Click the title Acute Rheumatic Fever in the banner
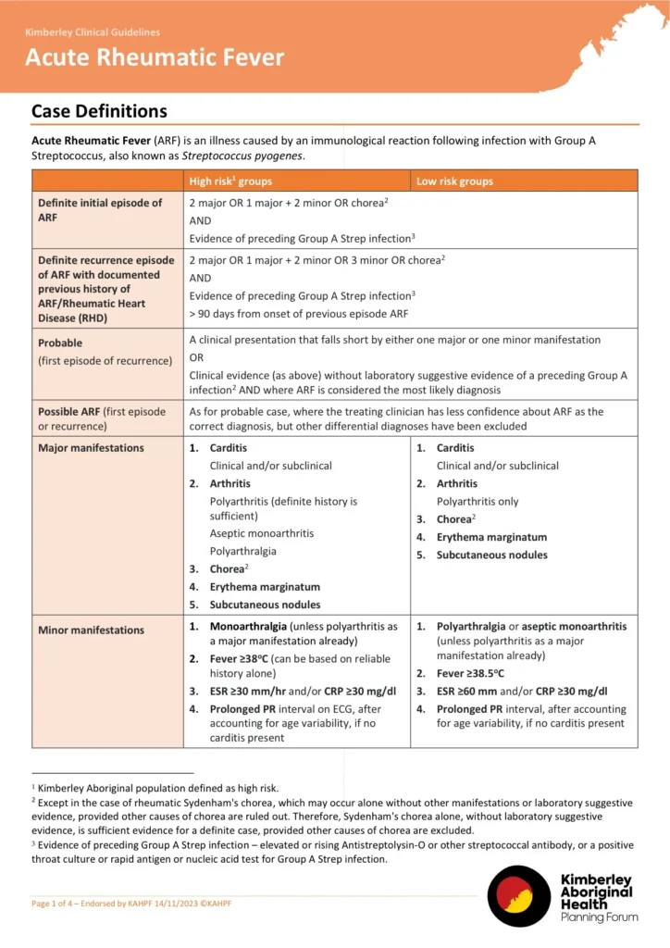pyautogui.click(x=155, y=57)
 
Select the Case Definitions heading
pyautogui.click(x=99, y=111)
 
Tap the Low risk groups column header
pyautogui.click(x=454, y=181)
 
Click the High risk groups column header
pyautogui.click(x=230, y=181)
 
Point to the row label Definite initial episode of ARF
pyautogui.click(x=100, y=210)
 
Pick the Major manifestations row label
pyautogui.click(x=91, y=448)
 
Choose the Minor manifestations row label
pyautogui.click(x=91, y=630)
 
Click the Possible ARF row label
pyautogui.click(x=102, y=418)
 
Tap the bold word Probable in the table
pyautogui.click(x=61, y=343)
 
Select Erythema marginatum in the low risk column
pyautogui.click(x=491, y=537)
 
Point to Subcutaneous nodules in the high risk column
pyautogui.click(x=265, y=605)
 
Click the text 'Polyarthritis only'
pyautogui.click(x=478, y=502)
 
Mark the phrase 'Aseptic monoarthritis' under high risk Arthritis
pyautogui.click(x=262, y=533)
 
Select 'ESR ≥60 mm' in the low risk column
pyautogui.click(x=473, y=692)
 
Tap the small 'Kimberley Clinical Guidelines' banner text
pyautogui.click(x=92, y=32)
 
